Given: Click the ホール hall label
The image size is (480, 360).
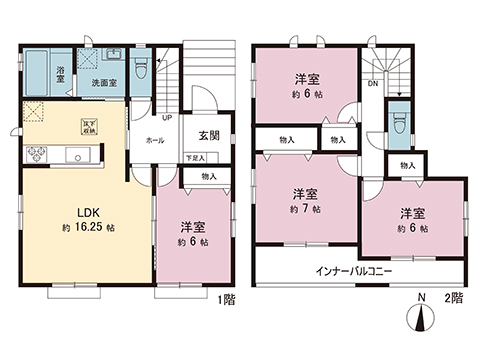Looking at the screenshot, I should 155,142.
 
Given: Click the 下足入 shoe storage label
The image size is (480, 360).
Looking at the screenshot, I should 195,158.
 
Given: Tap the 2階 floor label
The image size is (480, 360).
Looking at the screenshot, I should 455,299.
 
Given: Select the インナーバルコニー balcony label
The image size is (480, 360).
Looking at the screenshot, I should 354,272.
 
